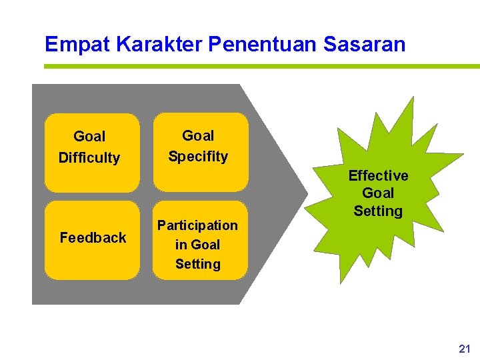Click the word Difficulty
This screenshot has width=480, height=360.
[x=89, y=158]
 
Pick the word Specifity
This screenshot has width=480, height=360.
[x=198, y=157]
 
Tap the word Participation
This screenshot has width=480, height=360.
[x=197, y=225]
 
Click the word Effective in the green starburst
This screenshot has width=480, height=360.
[x=378, y=176]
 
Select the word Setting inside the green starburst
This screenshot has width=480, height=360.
[x=378, y=211]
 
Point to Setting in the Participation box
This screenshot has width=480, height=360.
[x=198, y=264]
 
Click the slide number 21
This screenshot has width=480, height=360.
[x=465, y=349]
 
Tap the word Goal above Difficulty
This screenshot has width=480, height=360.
[x=89, y=137]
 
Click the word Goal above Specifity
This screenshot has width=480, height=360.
[x=198, y=136]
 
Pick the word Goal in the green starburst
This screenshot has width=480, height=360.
[x=378, y=193]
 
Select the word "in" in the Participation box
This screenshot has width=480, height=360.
[x=181, y=245]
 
